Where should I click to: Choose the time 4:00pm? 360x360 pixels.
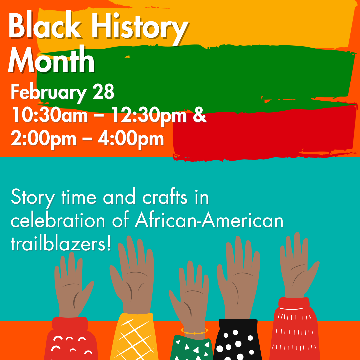[131, 138]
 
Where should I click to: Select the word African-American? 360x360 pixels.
[209, 221]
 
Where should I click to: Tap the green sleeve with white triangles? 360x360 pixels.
[191, 348]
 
